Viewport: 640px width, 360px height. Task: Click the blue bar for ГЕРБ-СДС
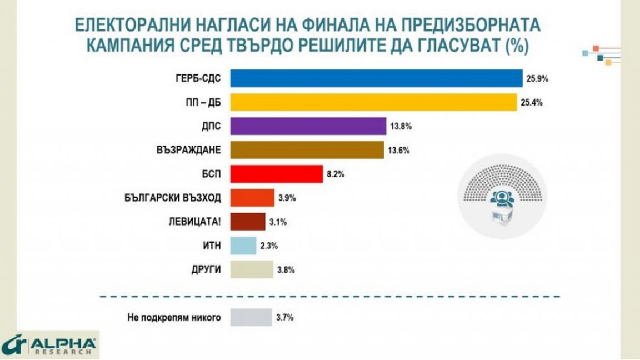(x=376, y=79)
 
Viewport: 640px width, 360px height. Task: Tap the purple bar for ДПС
(x=308, y=127)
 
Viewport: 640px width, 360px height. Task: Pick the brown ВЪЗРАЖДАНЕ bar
(x=307, y=151)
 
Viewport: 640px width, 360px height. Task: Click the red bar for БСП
(x=276, y=174)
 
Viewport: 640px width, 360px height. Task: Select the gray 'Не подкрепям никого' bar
(x=251, y=318)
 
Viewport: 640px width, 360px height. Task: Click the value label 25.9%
(x=537, y=79)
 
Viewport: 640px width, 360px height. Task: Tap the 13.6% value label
(x=398, y=151)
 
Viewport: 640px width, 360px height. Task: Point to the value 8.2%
(x=336, y=174)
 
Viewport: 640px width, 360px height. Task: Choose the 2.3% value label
(x=269, y=246)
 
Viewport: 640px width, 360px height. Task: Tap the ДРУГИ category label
(x=206, y=270)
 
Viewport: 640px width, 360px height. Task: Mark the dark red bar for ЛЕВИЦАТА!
(x=248, y=222)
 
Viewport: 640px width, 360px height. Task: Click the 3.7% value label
(x=284, y=318)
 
